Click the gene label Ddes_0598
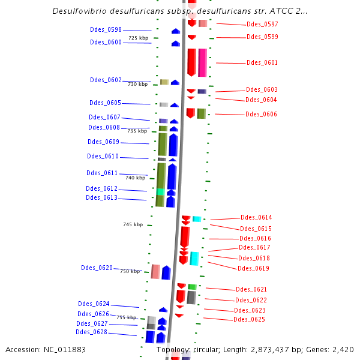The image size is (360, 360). pos(106,29)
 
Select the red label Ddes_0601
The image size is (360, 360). pos(262,62)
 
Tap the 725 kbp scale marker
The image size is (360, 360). pos(138,38)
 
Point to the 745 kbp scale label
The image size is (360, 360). pos(133,224)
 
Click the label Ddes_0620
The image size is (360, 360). pos(97,268)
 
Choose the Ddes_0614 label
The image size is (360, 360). pos(256,217)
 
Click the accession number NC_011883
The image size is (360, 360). pos(62,349)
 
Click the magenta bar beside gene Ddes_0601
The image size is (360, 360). pos(203,62)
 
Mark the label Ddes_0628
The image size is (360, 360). pos(91,332)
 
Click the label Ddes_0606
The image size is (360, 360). pos(262,114)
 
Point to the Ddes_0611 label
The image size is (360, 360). pos(102,173)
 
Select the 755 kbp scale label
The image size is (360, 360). pos(127,317)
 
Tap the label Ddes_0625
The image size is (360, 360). pos(249,319)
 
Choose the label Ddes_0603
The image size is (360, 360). pos(262,89)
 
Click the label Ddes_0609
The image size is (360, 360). pos(103,142)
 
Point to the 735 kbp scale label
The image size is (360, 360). pos(137,130)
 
